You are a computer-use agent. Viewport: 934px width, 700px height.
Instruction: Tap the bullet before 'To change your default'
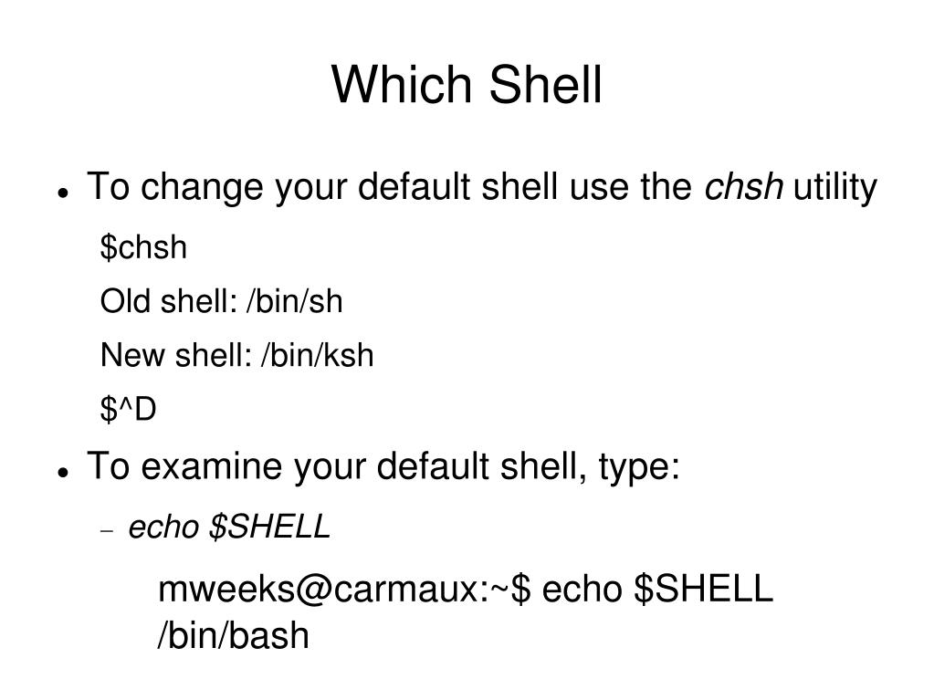click(x=63, y=193)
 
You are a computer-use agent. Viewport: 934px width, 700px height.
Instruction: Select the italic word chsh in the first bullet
click(x=743, y=188)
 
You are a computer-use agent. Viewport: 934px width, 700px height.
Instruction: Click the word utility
click(x=835, y=189)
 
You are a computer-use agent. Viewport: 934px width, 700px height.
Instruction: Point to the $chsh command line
click(x=143, y=247)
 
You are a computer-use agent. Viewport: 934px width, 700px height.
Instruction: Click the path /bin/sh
click(x=293, y=301)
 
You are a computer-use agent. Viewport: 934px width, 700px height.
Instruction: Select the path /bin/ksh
click(x=317, y=355)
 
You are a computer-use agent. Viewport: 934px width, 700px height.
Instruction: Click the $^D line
click(x=129, y=410)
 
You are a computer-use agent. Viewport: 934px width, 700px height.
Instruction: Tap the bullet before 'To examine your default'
click(x=63, y=472)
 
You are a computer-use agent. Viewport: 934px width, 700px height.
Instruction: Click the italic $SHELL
click(x=269, y=527)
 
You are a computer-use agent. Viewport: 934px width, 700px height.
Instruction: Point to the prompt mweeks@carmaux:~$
click(x=344, y=590)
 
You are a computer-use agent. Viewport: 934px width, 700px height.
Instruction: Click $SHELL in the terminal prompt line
click(x=703, y=590)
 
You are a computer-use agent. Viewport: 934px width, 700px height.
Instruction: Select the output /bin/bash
click(x=234, y=636)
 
